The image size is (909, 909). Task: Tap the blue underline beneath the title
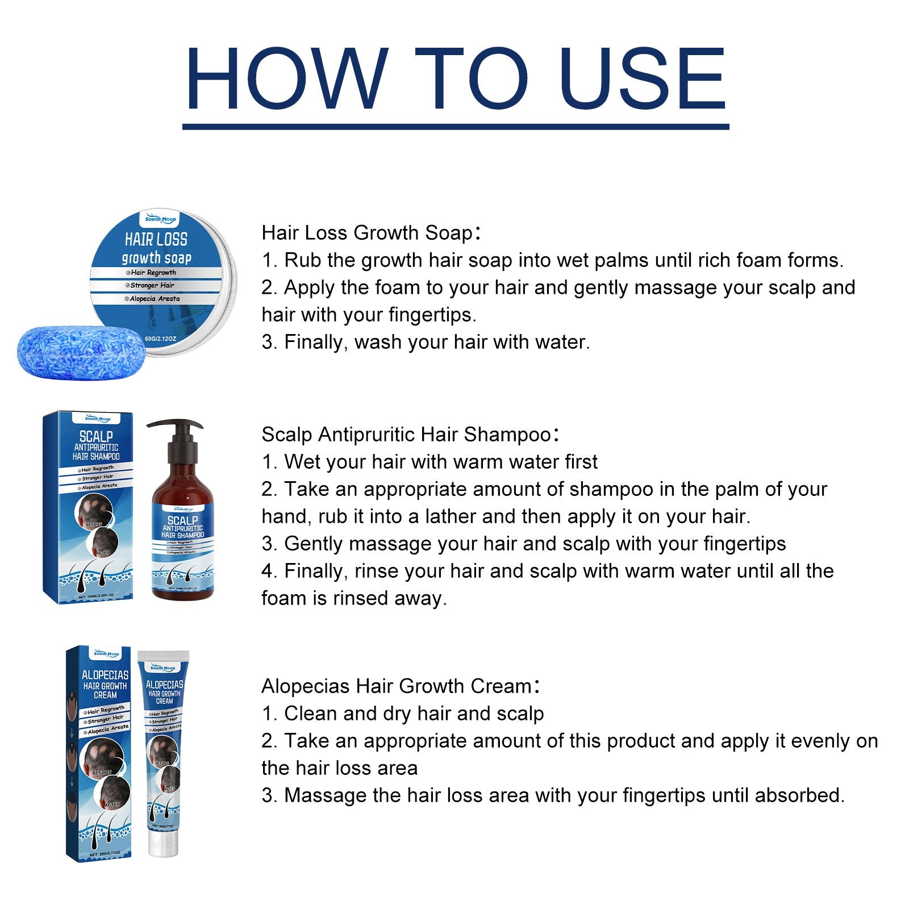(x=455, y=127)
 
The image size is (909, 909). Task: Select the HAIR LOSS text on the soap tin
(x=156, y=239)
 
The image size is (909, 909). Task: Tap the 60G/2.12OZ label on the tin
(x=161, y=339)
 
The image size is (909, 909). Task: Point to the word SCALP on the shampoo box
(x=96, y=436)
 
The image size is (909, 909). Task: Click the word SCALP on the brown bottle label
(x=182, y=520)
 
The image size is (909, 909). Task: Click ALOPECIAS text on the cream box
(x=105, y=676)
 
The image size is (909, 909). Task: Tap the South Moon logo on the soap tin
(x=161, y=219)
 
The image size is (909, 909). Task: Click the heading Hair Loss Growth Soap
(x=367, y=233)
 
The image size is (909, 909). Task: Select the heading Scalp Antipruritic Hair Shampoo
(x=406, y=435)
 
